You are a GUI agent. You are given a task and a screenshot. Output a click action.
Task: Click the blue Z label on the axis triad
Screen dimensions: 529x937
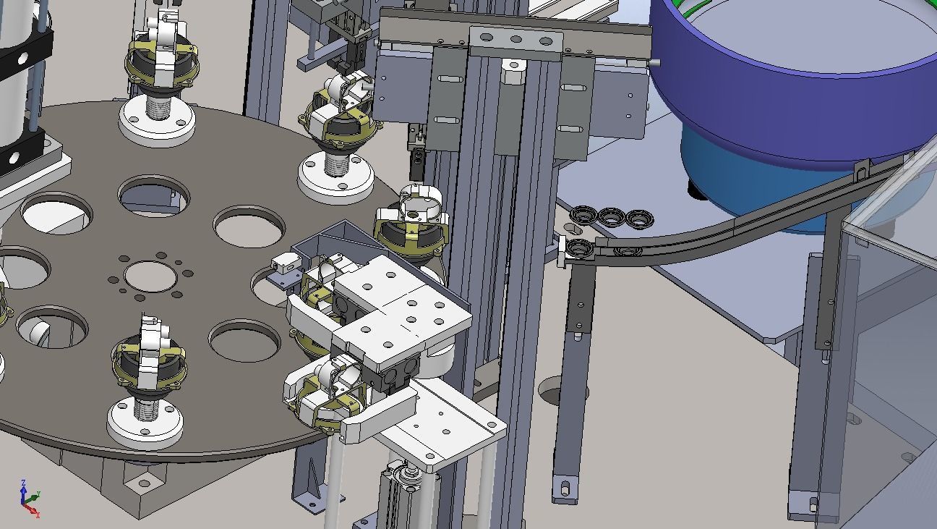(24, 482)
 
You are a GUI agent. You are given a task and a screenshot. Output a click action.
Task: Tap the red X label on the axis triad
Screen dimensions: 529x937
(37, 515)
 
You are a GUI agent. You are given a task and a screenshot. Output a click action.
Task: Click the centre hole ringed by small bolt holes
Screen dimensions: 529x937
(150, 276)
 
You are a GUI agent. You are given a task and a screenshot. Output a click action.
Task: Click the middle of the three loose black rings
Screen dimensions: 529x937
(612, 216)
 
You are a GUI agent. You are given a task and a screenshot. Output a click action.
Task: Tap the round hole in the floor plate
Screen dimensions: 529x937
(555, 395)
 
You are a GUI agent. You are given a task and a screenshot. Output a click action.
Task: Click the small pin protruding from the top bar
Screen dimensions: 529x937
(656, 64)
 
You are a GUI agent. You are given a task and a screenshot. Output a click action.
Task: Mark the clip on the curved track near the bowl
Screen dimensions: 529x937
(860, 172)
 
